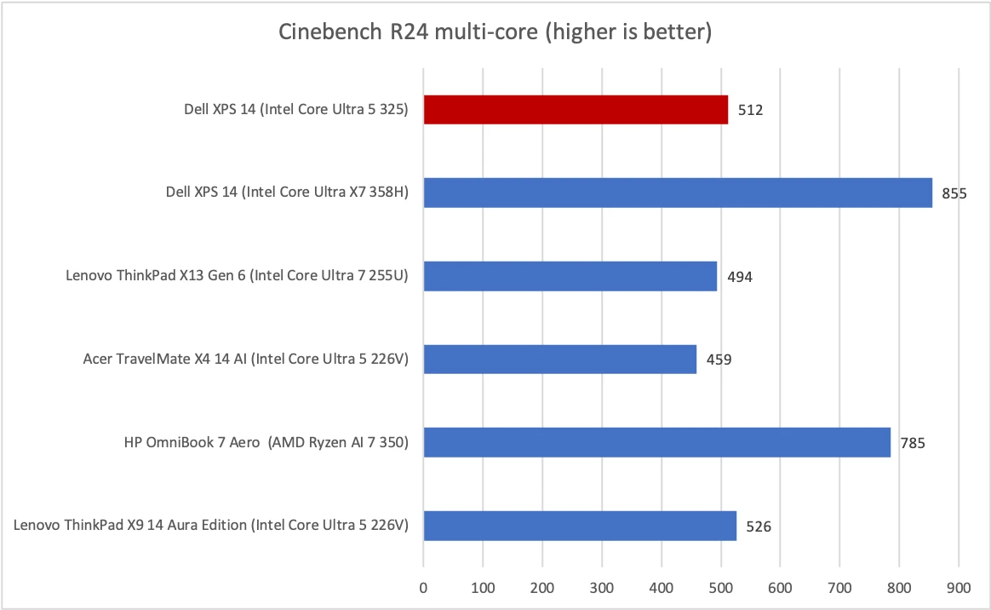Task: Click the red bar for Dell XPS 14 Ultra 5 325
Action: [x=576, y=109]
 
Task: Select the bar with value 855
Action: [x=678, y=193]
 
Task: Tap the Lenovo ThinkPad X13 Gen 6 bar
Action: [x=570, y=276]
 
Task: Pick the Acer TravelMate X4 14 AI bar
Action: [x=559, y=359]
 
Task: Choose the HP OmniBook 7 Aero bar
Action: [x=656, y=442]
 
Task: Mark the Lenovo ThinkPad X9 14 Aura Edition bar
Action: [x=580, y=526]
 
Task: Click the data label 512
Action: [x=750, y=110]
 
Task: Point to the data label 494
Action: [x=739, y=277]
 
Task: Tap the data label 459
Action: [x=719, y=360]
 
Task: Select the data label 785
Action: [x=913, y=443]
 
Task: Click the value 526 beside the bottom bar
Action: [x=759, y=527]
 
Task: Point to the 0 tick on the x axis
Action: [x=423, y=587]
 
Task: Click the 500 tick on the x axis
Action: [x=720, y=587]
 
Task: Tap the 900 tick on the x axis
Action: [x=959, y=587]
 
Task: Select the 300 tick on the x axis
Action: [x=602, y=587]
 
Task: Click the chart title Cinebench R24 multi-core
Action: [x=495, y=33]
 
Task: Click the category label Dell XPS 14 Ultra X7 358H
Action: [x=288, y=193]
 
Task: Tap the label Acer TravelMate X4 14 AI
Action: [x=246, y=359]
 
